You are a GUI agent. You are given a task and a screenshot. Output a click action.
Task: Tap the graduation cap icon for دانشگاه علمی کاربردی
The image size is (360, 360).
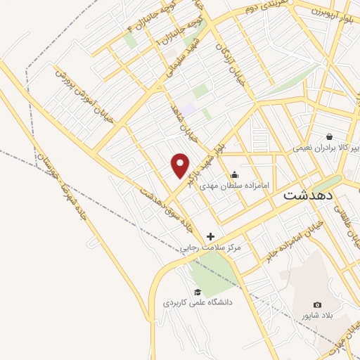(198, 292)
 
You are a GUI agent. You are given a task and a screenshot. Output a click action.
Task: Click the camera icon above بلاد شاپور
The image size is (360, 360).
(317, 305)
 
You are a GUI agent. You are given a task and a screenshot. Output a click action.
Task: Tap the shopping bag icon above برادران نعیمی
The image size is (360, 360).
(328, 136)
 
